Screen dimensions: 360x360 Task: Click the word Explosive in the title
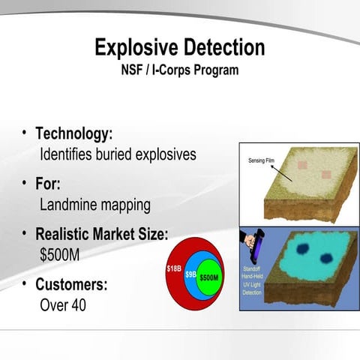[137, 49]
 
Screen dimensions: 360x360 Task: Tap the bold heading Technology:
[74, 134]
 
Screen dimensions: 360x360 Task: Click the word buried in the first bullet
[121, 154]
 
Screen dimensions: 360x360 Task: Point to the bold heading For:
[48, 184]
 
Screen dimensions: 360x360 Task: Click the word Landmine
[70, 204]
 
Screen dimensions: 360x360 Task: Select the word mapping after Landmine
[127, 205]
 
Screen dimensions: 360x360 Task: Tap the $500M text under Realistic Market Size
[59, 254]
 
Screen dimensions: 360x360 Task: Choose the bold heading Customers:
[72, 285]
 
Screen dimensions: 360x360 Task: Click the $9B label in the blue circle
[190, 274]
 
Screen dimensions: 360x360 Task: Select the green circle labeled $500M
[208, 277]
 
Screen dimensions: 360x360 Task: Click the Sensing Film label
[260, 160]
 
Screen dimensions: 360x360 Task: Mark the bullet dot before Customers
[25, 283]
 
